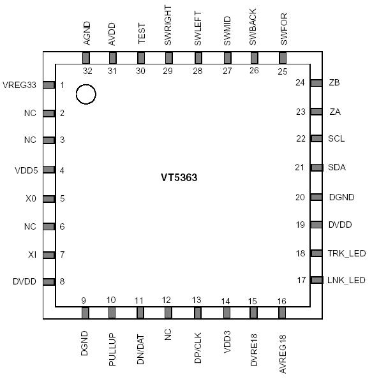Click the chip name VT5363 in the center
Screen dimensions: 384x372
tap(179, 178)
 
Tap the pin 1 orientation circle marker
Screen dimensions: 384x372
tap(86, 95)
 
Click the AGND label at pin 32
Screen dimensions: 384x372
tap(87, 34)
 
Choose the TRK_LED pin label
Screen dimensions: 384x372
tap(346, 253)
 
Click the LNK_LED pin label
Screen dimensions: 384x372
tap(346, 280)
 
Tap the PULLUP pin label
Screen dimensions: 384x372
tap(112, 348)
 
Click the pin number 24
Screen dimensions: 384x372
tap(300, 83)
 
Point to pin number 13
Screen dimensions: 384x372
tap(197, 300)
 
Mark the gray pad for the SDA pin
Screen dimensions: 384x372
tap(316, 167)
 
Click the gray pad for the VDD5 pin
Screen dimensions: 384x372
tap(48, 170)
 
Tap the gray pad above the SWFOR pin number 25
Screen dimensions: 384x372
tap(282, 58)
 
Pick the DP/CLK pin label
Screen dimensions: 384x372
tap(197, 348)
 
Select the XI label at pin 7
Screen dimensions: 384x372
tap(32, 255)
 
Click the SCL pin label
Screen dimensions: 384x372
tap(336, 138)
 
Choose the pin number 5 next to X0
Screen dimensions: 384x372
tap(63, 198)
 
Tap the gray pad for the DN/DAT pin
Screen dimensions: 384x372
tap(140, 313)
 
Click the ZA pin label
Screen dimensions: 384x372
tap(334, 112)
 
